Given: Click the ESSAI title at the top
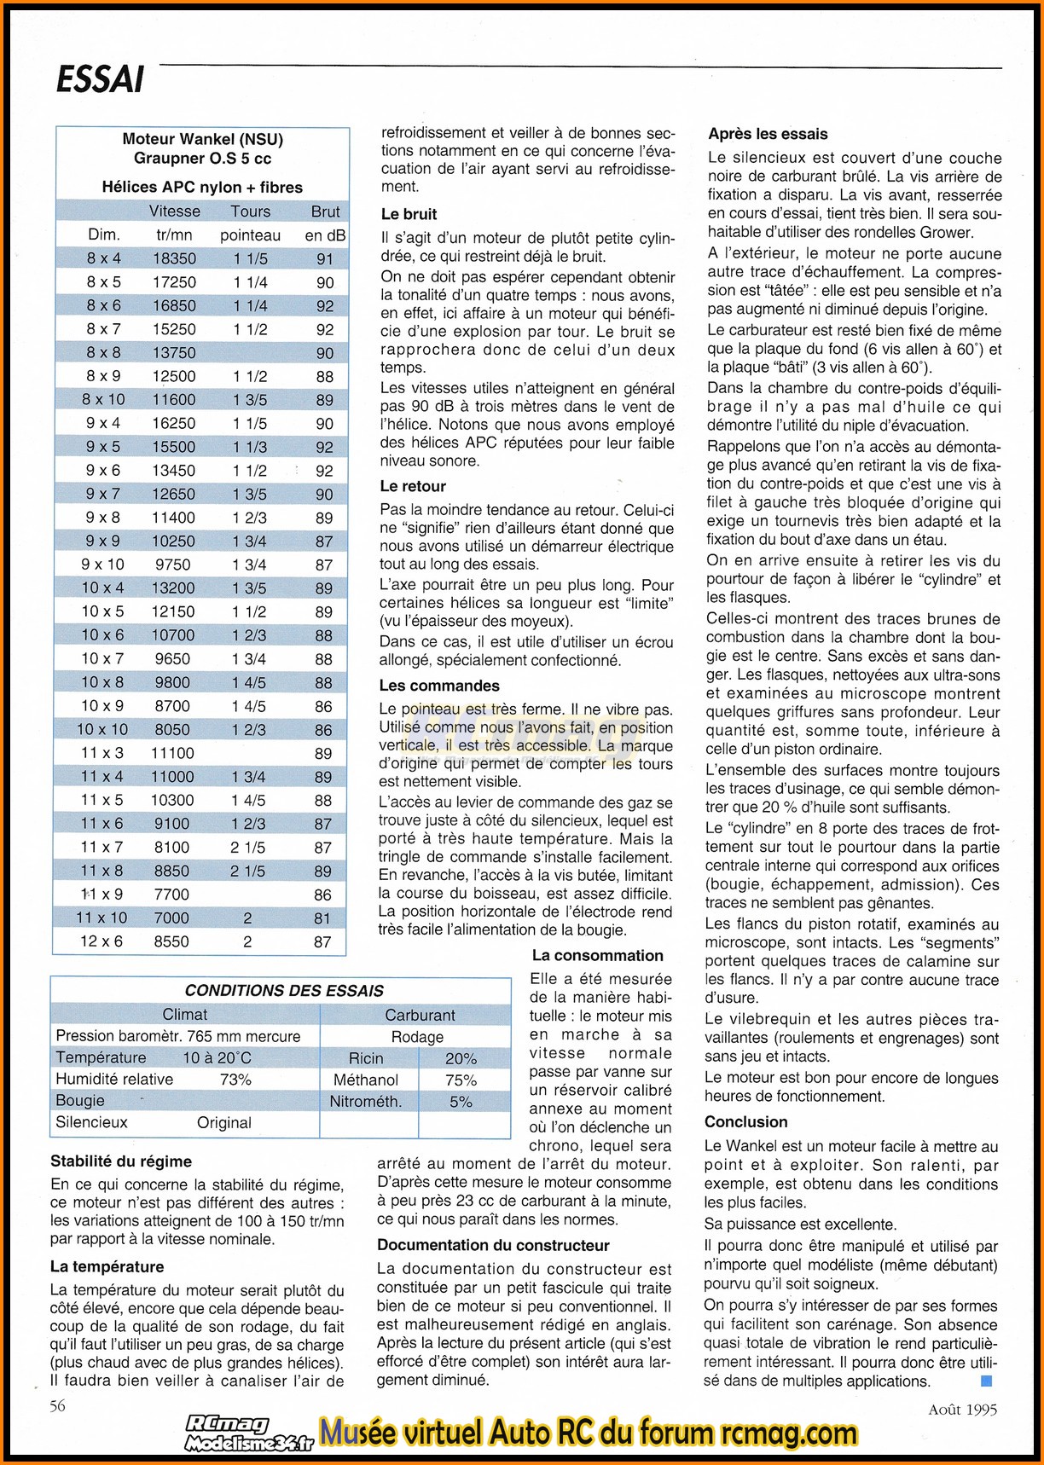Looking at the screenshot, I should [x=100, y=79].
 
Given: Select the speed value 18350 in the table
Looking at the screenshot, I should [x=174, y=258].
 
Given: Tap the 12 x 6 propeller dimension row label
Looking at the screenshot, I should [x=102, y=941].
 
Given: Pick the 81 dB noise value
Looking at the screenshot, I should [x=322, y=918].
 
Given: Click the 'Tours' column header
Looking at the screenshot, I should [x=250, y=211].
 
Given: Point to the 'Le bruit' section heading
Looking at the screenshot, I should [x=409, y=214].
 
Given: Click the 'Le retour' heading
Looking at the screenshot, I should [x=413, y=486].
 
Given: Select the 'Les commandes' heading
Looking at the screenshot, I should [x=439, y=686].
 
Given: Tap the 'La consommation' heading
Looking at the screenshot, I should [x=597, y=956].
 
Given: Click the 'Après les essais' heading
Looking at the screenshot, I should [x=768, y=134].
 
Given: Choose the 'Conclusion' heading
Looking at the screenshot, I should [x=745, y=1121].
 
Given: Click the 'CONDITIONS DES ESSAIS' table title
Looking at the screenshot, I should [x=284, y=991].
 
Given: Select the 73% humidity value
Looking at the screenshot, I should [x=235, y=1080].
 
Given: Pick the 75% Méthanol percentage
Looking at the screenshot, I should [x=461, y=1080].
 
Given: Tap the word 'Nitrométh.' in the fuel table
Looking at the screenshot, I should [x=366, y=1101].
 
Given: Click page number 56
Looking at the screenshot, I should [x=58, y=1406].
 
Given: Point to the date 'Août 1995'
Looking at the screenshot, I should [x=962, y=1410].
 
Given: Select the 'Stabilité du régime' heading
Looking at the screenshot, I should [x=121, y=1161].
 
